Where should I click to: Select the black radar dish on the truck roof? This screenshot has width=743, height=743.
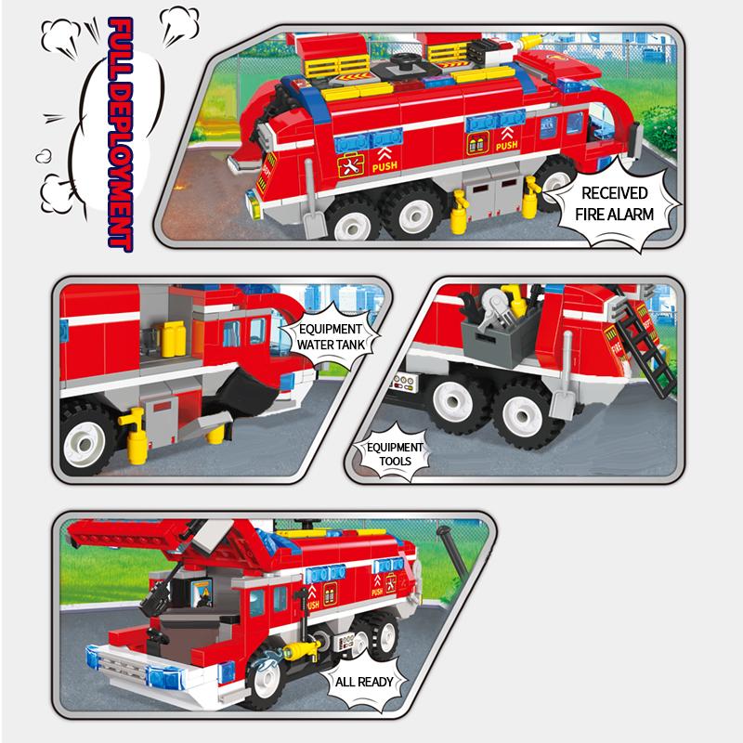coord(404,59)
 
